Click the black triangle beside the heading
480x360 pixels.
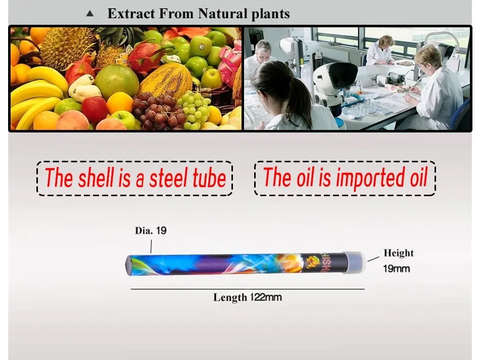(90, 14)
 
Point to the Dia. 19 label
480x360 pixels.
(151, 231)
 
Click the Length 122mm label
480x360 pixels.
(248, 297)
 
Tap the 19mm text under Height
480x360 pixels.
(396, 268)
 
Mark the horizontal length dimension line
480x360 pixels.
(248, 289)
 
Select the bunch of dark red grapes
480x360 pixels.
(158, 111)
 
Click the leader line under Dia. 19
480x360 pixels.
(151, 246)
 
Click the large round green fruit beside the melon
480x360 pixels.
(117, 81)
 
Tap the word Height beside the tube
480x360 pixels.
(399, 253)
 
